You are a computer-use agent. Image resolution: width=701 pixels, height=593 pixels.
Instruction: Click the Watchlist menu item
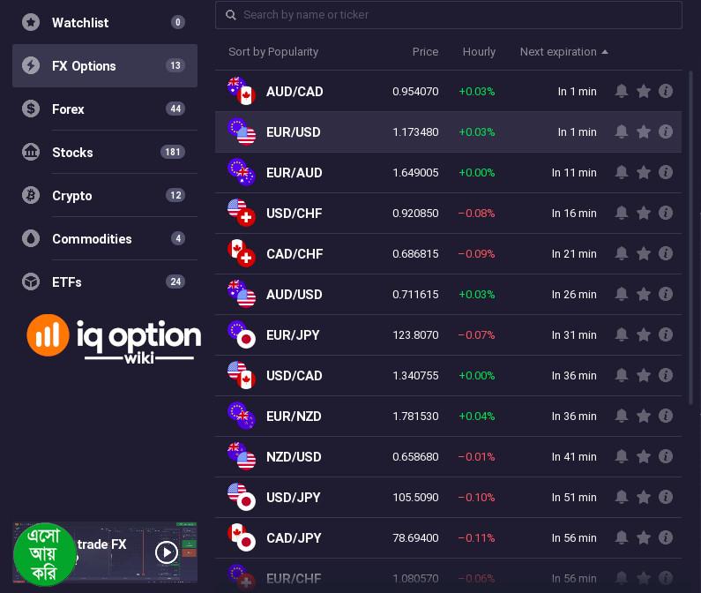[80, 23]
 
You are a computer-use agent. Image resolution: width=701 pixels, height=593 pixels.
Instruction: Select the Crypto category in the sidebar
[72, 196]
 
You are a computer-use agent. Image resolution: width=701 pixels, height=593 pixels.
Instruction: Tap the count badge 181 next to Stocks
[173, 153]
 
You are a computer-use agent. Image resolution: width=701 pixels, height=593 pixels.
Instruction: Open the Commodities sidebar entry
[92, 239]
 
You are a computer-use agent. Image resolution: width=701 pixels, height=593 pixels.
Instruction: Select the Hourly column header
[479, 52]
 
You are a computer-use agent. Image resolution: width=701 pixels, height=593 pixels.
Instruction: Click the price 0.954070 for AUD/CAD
[415, 92]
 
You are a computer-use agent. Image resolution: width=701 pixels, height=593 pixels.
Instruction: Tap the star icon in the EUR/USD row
[644, 132]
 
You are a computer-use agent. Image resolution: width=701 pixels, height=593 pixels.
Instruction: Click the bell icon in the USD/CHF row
[622, 214]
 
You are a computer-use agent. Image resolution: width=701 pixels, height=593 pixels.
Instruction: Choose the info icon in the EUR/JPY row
[666, 335]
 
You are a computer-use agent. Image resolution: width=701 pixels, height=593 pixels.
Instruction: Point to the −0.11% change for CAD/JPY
[476, 538]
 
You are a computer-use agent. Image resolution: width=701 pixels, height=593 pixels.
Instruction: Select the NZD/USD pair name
[294, 457]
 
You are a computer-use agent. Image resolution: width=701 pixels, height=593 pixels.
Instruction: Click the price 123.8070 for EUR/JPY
[415, 335]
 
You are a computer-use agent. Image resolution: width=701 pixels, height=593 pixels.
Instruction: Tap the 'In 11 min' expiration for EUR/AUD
[574, 173]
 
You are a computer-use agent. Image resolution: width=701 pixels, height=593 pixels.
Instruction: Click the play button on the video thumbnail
[167, 552]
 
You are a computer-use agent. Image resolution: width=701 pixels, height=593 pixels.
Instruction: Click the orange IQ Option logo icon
[48, 334]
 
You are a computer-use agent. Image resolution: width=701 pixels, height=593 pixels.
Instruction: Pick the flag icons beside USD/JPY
[241, 497]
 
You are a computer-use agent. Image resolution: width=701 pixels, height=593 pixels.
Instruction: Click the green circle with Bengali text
[45, 555]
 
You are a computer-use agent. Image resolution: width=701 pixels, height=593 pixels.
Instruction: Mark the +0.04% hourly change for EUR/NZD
[476, 417]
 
